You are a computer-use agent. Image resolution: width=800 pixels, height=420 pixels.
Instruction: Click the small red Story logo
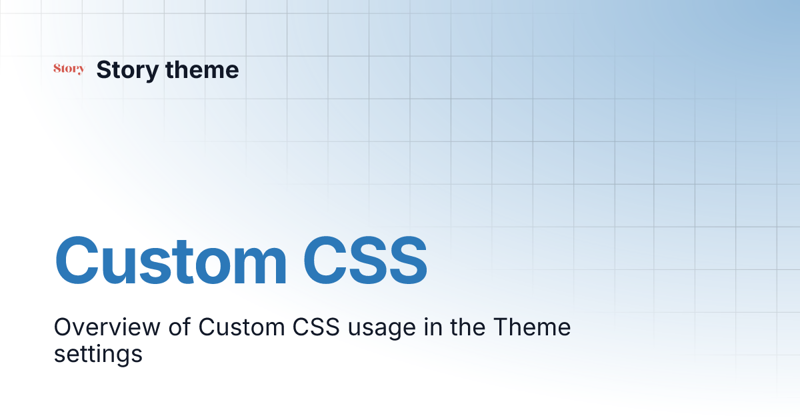69,69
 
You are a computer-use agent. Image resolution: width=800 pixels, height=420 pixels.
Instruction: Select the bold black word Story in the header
127,70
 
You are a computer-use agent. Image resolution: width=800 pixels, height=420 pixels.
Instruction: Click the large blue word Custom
171,261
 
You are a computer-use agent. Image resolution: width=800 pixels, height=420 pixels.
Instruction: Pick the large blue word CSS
365,261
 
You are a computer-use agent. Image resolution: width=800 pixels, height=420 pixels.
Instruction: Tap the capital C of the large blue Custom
80,261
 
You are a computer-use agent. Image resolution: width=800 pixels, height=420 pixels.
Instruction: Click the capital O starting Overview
62,328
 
